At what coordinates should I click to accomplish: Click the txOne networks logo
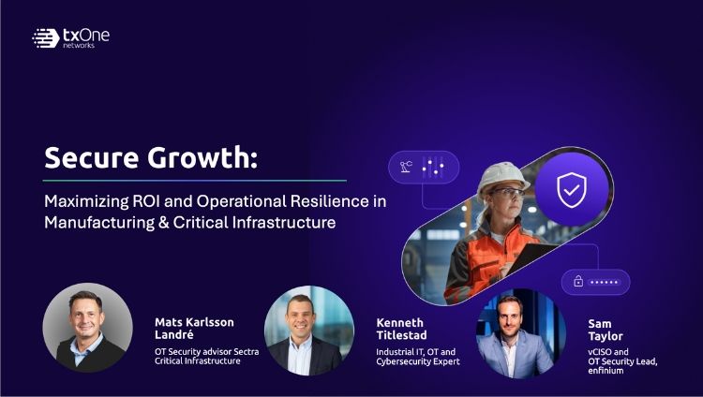70,37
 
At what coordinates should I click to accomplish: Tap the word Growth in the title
208,158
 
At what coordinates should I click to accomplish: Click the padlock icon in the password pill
578,282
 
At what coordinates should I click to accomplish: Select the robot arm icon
407,168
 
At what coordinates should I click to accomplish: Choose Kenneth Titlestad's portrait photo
308,331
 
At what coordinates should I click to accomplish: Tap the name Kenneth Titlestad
402,328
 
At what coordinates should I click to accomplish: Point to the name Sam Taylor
606,329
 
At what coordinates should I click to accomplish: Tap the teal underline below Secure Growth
194,180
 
